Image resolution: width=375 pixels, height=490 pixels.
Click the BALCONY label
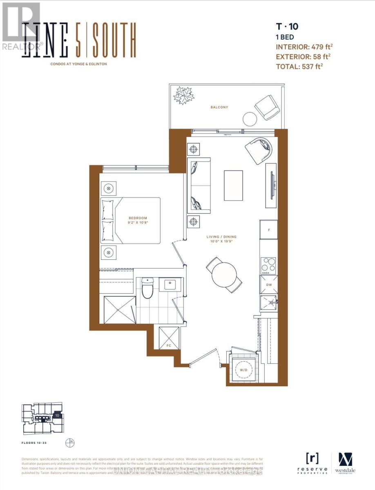tap(219, 107)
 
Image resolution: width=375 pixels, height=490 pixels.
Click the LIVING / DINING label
tap(221, 237)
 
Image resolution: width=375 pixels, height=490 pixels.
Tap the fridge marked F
tap(269, 230)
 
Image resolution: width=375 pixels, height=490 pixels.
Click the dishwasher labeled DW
tap(269, 284)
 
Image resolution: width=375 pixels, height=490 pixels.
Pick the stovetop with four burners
tap(269, 265)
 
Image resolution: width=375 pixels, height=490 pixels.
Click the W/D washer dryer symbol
tap(243, 370)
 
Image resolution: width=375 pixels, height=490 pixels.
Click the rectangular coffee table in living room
tap(233, 185)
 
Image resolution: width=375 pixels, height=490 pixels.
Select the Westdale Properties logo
tap(345, 463)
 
